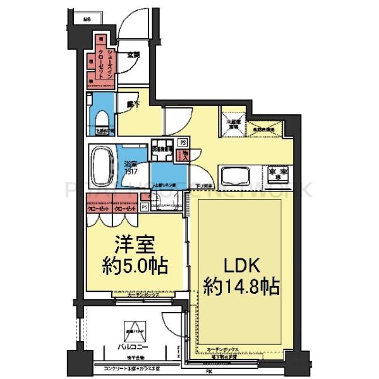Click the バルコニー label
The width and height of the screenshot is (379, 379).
(132, 347)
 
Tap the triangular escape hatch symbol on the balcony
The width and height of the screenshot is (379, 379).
(133, 330)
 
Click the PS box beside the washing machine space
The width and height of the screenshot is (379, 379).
(182, 143)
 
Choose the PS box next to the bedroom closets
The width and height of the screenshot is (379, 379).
(144, 207)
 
